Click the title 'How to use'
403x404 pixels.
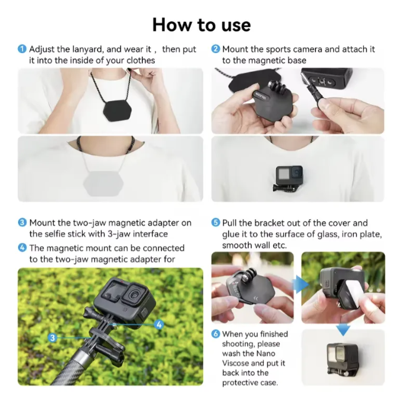[201, 24]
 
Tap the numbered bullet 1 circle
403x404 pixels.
[22, 49]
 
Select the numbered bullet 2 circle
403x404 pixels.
[216, 49]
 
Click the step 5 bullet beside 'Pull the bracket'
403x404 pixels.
[216, 223]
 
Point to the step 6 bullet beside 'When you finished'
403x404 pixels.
[216, 334]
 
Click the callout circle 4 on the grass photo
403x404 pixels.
[159, 324]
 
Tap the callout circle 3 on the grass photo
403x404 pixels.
[52, 337]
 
